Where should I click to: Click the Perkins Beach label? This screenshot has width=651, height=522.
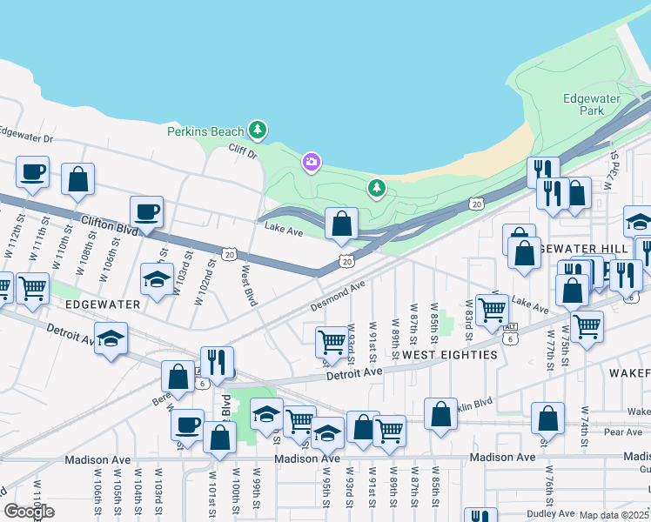click(205, 131)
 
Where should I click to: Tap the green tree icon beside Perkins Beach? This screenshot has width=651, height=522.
click(257, 130)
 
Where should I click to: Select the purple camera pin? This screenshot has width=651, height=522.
click(311, 162)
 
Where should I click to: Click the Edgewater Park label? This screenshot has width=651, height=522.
click(583, 104)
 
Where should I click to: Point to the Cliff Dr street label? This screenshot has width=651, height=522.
click(244, 153)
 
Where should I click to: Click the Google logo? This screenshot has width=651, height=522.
click(29, 512)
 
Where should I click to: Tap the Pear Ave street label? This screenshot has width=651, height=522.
click(622, 432)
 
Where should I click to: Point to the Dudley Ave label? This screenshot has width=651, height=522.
click(552, 513)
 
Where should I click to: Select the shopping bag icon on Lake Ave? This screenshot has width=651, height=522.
click(342, 224)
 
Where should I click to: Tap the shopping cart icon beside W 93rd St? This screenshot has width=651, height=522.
click(332, 340)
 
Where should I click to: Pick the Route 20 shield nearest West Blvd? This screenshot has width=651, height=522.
click(229, 253)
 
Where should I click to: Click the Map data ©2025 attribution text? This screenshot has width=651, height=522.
click(614, 515)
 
